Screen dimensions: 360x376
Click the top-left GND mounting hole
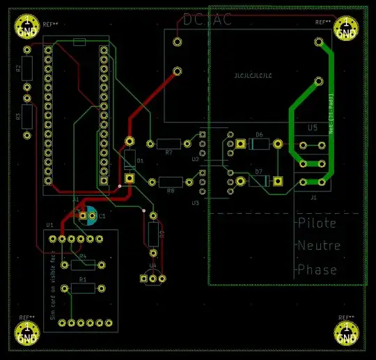point(26,26)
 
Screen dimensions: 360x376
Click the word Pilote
point(317,224)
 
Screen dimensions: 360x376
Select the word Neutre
point(319,246)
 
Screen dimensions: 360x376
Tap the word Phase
point(317,269)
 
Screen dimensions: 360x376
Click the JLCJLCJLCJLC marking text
point(253,75)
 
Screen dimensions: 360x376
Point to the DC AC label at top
point(207,21)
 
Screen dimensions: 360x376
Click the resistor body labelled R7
point(169,144)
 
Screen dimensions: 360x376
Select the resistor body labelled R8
point(171,182)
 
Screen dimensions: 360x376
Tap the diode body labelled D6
point(259,144)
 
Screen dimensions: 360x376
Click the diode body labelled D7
point(259,181)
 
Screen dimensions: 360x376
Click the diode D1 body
point(130,160)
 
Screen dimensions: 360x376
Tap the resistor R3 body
point(27,116)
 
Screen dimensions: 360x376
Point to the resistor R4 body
point(83,265)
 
